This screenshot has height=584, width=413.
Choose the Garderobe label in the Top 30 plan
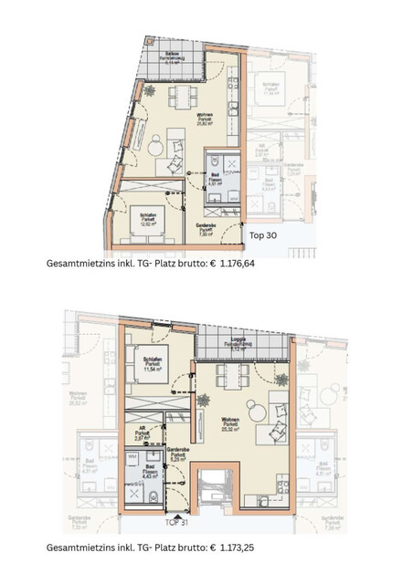(206, 228)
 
